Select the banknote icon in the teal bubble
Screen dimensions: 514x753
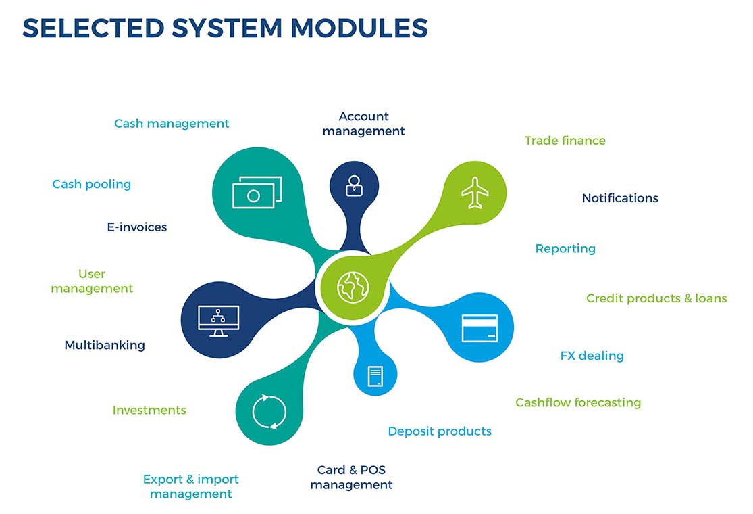(257, 193)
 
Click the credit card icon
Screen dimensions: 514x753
(479, 328)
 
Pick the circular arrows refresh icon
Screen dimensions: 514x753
(269, 411)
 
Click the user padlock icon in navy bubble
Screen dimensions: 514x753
(354, 185)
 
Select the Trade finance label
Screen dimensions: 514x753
(565, 141)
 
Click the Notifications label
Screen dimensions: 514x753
(620, 198)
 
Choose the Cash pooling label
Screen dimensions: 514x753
(92, 184)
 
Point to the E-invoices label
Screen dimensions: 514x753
(136, 227)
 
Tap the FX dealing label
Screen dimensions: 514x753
(592, 356)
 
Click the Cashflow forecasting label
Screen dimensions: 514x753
(578, 402)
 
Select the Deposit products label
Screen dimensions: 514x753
(440, 431)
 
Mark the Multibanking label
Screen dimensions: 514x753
(105, 345)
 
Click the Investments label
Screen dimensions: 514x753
(149, 410)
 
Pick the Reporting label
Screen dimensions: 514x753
(565, 248)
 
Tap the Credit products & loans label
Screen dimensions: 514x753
(656, 298)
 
